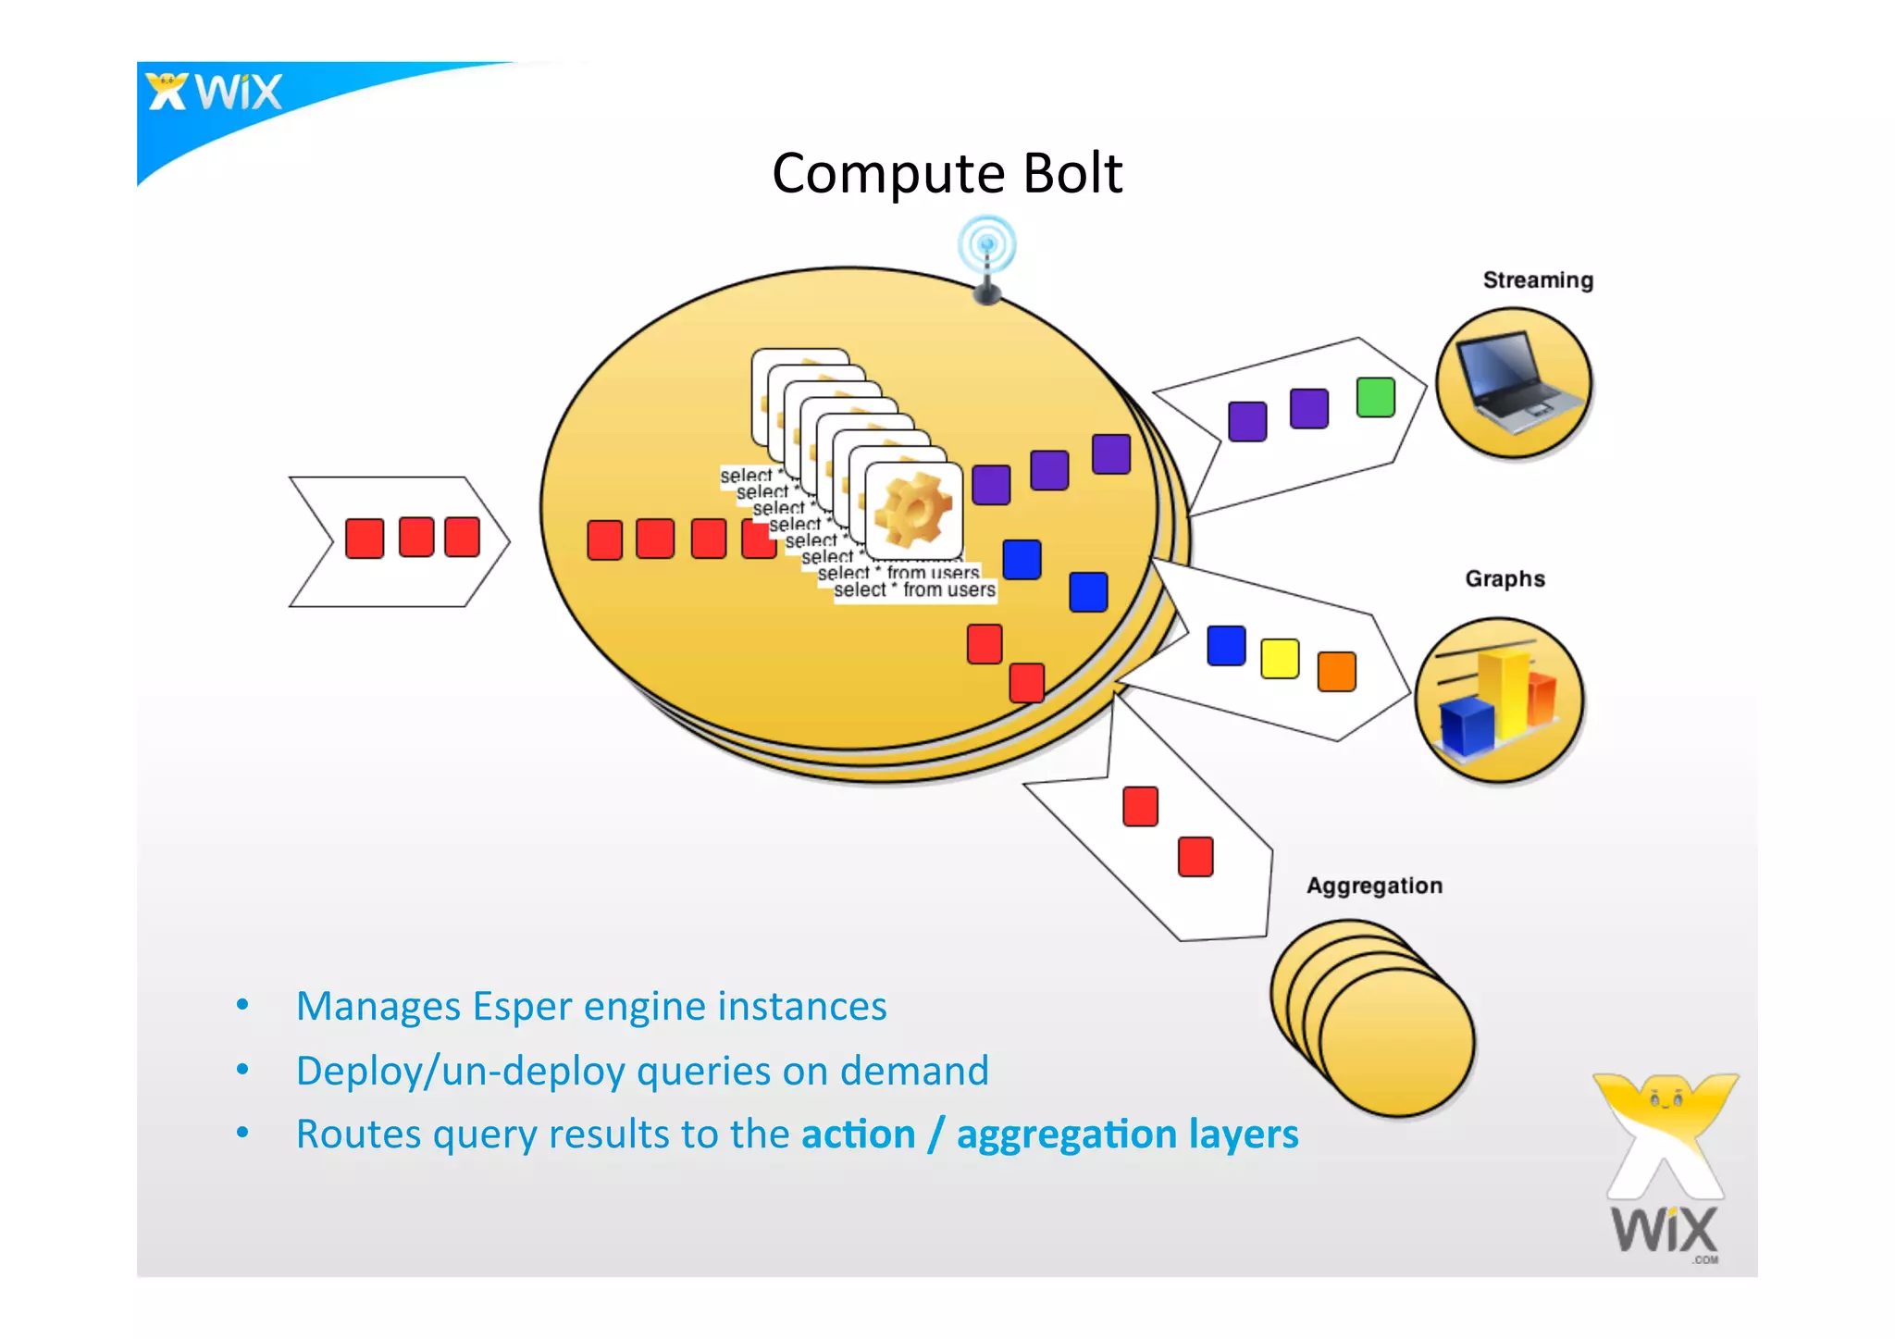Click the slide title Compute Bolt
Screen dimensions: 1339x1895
947,173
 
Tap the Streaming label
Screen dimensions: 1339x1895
1537,280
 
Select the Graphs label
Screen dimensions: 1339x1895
1505,579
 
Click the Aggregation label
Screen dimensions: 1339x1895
1374,886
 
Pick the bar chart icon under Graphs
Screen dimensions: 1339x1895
1498,700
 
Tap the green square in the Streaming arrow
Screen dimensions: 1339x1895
1375,398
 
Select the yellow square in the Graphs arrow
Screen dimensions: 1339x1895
1280,658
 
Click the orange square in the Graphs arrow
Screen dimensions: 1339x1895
1336,671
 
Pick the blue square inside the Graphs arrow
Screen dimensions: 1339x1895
1226,646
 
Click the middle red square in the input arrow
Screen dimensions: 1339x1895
416,538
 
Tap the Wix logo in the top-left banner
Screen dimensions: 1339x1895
215,93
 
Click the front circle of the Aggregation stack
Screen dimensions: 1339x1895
1396,1040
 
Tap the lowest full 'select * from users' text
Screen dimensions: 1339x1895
914,590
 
